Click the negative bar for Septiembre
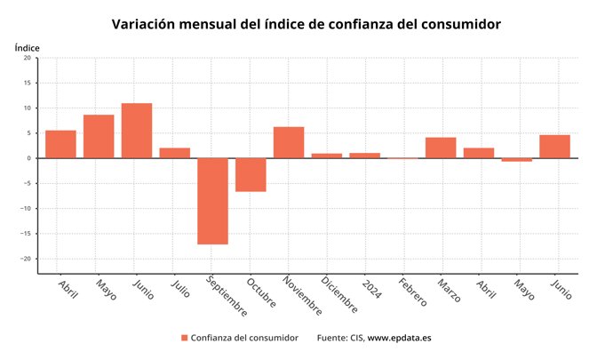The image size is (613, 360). click(212, 201)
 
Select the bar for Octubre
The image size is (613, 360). click(251, 175)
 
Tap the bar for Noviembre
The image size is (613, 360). click(289, 142)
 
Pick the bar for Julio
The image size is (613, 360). click(175, 153)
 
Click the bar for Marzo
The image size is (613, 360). click(441, 148)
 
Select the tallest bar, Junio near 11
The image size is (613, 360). click(137, 131)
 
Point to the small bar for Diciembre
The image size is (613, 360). click(327, 156)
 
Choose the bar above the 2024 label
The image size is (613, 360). click(364, 156)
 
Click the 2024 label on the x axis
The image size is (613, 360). click(371, 286)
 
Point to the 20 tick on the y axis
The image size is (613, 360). click(27, 58)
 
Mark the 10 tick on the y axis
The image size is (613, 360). click(27, 108)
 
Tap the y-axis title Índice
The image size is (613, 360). click(28, 46)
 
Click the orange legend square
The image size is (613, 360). click(185, 338)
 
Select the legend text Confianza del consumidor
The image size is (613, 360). click(244, 338)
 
